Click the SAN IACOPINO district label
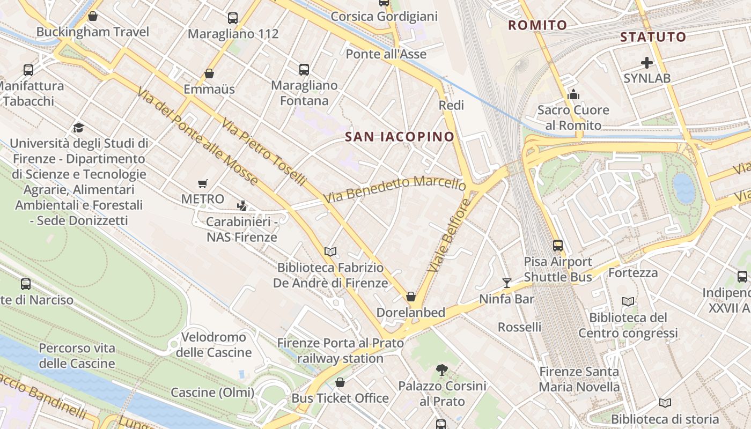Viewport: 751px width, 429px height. click(400, 137)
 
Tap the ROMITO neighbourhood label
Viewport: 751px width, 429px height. click(538, 25)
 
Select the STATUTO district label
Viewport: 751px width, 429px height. click(653, 37)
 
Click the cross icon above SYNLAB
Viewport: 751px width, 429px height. click(647, 63)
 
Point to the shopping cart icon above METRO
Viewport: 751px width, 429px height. click(202, 184)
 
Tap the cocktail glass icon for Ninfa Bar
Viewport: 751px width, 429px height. click(506, 283)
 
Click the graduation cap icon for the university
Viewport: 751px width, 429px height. click(79, 128)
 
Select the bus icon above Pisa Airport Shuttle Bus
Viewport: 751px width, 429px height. click(558, 246)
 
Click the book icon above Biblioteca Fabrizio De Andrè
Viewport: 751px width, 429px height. click(330, 252)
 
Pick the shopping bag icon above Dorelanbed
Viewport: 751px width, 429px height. click(411, 297)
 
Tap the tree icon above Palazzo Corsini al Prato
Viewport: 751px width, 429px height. click(442, 369)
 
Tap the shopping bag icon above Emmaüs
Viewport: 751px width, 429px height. click(209, 73)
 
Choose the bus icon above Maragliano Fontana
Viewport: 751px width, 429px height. click(304, 69)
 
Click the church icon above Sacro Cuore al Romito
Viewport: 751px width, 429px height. click(573, 95)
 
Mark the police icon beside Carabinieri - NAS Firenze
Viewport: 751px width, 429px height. click(242, 205)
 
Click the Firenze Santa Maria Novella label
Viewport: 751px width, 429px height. click(579, 379)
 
